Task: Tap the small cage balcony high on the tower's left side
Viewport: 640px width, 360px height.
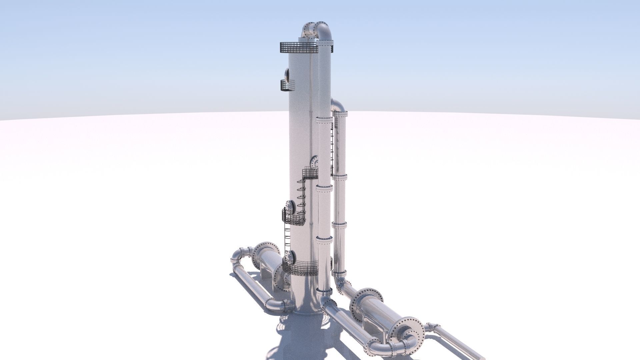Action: point(288,85)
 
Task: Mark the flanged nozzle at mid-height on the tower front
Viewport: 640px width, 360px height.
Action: point(314,162)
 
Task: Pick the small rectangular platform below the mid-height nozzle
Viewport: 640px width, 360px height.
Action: point(310,174)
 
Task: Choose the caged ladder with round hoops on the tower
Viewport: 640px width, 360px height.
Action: point(301,197)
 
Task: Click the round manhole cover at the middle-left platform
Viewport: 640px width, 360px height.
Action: point(290,208)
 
